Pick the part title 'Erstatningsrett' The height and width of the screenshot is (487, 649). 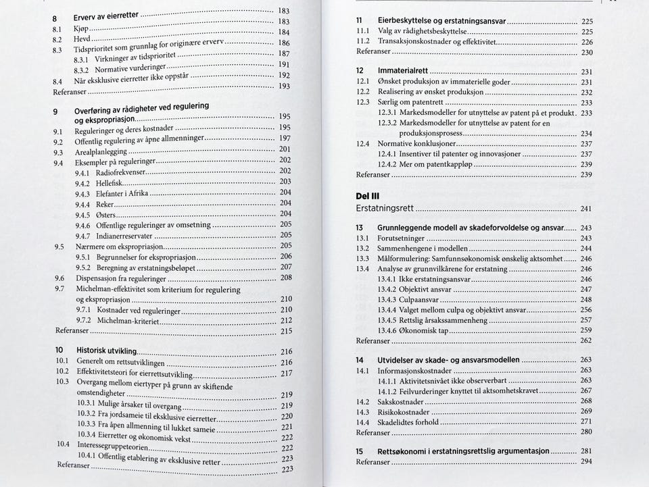tap(385, 209)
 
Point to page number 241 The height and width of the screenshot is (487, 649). tap(585, 209)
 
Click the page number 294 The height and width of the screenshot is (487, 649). tap(586, 462)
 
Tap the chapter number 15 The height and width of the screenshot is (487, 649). tap(360, 451)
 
